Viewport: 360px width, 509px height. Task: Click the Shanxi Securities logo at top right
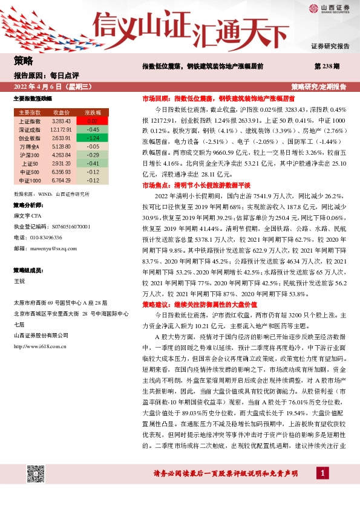tap(329, 8)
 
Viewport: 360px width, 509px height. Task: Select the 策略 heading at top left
tap(23, 61)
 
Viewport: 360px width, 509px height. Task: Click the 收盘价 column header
tap(62, 112)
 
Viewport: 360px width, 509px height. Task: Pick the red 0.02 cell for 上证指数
tap(93, 121)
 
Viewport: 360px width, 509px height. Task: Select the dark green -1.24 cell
tap(93, 138)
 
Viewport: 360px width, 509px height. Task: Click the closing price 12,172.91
tap(62, 129)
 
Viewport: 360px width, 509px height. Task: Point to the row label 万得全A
tap(29, 146)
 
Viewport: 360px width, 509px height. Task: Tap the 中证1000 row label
tap(29, 180)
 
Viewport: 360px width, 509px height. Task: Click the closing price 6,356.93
tap(62, 172)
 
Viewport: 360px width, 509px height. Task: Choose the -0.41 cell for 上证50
tap(93, 163)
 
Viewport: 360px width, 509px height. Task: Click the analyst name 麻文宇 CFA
tap(28, 215)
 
